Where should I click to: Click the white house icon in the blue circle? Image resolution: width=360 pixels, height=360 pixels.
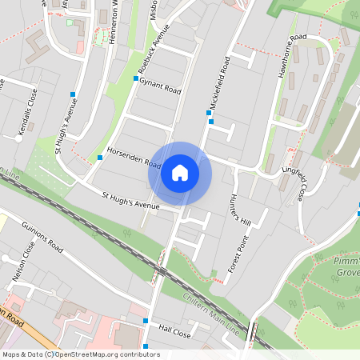click(180, 173)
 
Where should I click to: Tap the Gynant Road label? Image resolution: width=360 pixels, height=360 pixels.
click(160, 82)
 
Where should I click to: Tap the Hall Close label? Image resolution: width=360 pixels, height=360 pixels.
click(174, 330)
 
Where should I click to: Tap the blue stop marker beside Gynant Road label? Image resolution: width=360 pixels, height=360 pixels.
click(135, 78)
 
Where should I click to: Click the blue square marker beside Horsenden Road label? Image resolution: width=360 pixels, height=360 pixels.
click(100, 158)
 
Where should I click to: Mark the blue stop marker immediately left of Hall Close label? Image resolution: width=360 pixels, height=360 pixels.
click(146, 321)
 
